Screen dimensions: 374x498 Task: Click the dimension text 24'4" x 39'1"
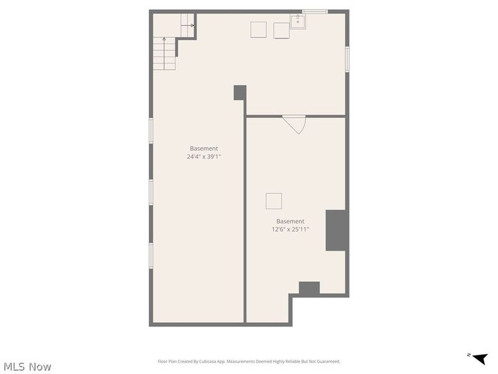pyautogui.click(x=204, y=157)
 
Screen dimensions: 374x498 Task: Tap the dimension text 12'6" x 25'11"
pyautogui.click(x=290, y=229)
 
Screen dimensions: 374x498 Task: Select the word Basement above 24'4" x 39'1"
pyautogui.click(x=204, y=148)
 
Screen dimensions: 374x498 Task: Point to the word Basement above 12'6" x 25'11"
pyautogui.click(x=290, y=221)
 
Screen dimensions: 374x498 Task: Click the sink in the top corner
pyautogui.click(x=298, y=22)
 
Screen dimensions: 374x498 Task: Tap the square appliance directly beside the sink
pyautogui.click(x=281, y=30)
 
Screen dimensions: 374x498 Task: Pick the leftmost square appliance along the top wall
pyautogui.click(x=258, y=29)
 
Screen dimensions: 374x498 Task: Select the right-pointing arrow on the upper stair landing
pyautogui.click(x=190, y=26)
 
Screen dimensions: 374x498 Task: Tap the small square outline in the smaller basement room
pyautogui.click(x=273, y=201)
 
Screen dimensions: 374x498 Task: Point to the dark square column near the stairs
pyautogui.click(x=240, y=92)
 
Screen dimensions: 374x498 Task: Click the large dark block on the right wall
pyautogui.click(x=336, y=230)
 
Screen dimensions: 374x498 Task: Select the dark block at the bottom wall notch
pyautogui.click(x=309, y=288)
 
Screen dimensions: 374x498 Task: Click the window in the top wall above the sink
pyautogui.click(x=315, y=11)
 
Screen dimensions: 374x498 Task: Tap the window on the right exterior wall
pyautogui.click(x=347, y=60)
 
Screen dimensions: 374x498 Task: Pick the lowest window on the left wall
pyautogui.click(x=151, y=256)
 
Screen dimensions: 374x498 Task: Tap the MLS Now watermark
pyautogui.click(x=27, y=367)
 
